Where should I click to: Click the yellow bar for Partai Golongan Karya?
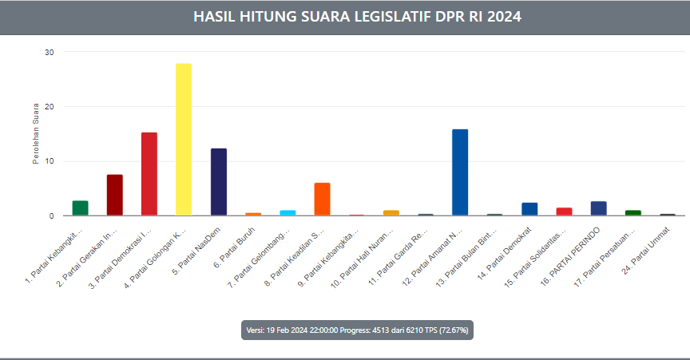click(184, 140)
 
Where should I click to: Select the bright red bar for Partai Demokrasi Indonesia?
click(149, 174)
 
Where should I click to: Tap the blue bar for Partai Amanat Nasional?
click(460, 172)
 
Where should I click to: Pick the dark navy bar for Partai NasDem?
click(219, 182)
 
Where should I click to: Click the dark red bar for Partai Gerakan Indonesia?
click(115, 195)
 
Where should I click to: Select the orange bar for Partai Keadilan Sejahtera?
click(322, 200)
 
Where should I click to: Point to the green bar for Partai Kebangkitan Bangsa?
click(80, 208)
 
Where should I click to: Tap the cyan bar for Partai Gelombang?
click(287, 212)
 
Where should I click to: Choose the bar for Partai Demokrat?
click(529, 209)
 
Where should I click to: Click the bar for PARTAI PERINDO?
click(598, 208)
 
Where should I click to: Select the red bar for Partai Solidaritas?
click(564, 212)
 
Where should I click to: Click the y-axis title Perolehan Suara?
click(36, 134)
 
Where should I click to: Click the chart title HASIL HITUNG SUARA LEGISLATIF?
click(357, 17)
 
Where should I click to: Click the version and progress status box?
click(357, 330)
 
